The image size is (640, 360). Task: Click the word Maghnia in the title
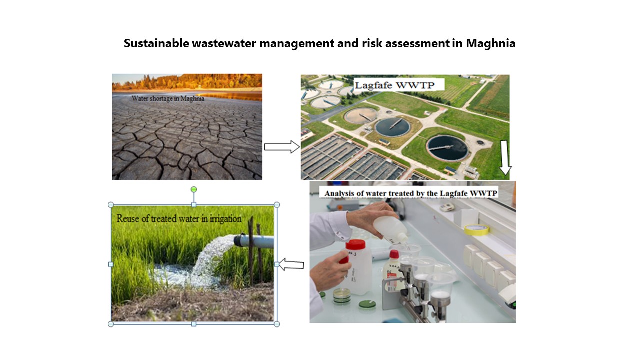(x=491, y=43)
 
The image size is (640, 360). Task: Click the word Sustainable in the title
(x=156, y=43)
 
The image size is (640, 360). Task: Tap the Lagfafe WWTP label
(x=395, y=85)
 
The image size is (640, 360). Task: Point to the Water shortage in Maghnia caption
(x=168, y=99)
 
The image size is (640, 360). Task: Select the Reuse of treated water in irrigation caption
(x=179, y=219)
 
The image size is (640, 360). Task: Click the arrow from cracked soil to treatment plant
(x=282, y=147)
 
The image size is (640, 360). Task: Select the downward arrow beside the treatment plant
(x=505, y=157)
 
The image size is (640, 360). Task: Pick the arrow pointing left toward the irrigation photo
(x=291, y=264)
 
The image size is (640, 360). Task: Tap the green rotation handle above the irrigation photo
(x=194, y=189)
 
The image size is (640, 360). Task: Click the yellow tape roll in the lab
(x=476, y=229)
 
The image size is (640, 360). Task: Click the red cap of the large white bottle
(x=355, y=244)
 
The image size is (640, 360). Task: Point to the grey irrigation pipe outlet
(x=253, y=241)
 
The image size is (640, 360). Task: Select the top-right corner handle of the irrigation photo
(x=277, y=205)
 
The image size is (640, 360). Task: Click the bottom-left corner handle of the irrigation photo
(x=111, y=324)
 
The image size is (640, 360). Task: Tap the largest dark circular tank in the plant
(x=447, y=147)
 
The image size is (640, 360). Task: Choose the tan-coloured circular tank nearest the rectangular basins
(x=361, y=115)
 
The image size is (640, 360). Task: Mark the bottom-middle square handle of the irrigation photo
(x=194, y=324)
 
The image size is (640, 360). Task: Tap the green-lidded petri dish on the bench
(x=367, y=304)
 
